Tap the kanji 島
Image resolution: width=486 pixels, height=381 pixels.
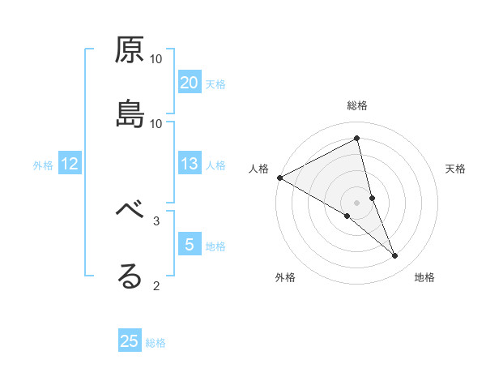click(130, 114)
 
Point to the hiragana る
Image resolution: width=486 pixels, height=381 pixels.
click(130, 276)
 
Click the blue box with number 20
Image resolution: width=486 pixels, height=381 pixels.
click(190, 83)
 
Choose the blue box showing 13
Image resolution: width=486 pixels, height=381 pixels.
click(190, 164)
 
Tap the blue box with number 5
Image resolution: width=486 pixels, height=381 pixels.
click(190, 244)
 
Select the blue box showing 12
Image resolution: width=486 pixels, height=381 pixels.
click(70, 164)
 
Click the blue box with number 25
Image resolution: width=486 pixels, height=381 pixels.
click(130, 341)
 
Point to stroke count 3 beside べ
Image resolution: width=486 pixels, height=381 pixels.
click(156, 220)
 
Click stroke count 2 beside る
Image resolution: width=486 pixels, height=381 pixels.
click(156, 285)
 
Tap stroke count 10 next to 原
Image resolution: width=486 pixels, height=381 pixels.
click(156, 59)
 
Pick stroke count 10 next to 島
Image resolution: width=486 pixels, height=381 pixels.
click(156, 123)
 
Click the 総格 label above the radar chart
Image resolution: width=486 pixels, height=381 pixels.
click(357, 105)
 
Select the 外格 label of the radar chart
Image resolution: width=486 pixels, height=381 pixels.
click(285, 277)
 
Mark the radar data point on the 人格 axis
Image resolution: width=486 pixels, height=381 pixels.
click(279, 177)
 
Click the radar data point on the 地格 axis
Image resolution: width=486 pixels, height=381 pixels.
click(395, 255)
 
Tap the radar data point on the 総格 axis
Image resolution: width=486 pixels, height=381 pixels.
click(357, 138)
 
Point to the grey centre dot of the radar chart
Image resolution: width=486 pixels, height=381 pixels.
click(357, 203)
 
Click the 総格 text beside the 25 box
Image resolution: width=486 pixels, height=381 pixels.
click(156, 343)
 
